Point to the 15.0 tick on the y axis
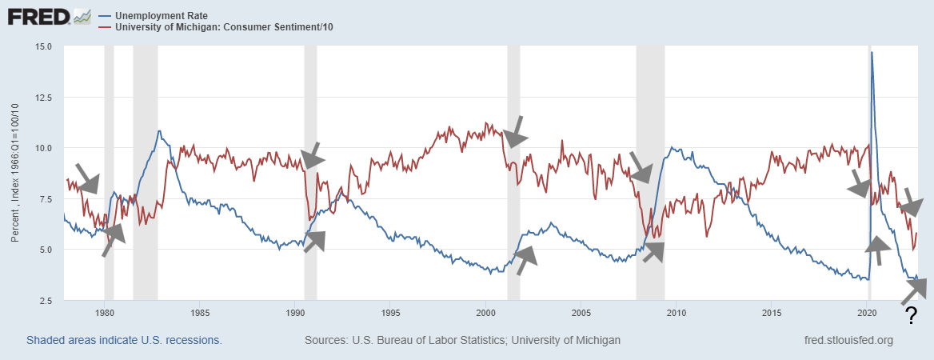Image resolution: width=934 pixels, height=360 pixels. tap(43, 46)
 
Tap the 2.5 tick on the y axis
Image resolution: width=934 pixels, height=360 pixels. tap(46, 300)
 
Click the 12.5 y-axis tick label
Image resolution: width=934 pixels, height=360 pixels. tap(43, 97)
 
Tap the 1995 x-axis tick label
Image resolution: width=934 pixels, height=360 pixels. tap(391, 312)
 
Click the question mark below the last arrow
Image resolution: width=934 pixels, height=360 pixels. tap(910, 319)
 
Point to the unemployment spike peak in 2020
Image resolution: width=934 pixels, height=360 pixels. tap(872, 53)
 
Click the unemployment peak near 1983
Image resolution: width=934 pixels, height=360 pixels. tap(160, 131)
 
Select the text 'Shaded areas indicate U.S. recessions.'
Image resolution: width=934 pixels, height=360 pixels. tap(124, 340)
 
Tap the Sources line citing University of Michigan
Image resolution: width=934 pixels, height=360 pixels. tap(462, 340)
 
